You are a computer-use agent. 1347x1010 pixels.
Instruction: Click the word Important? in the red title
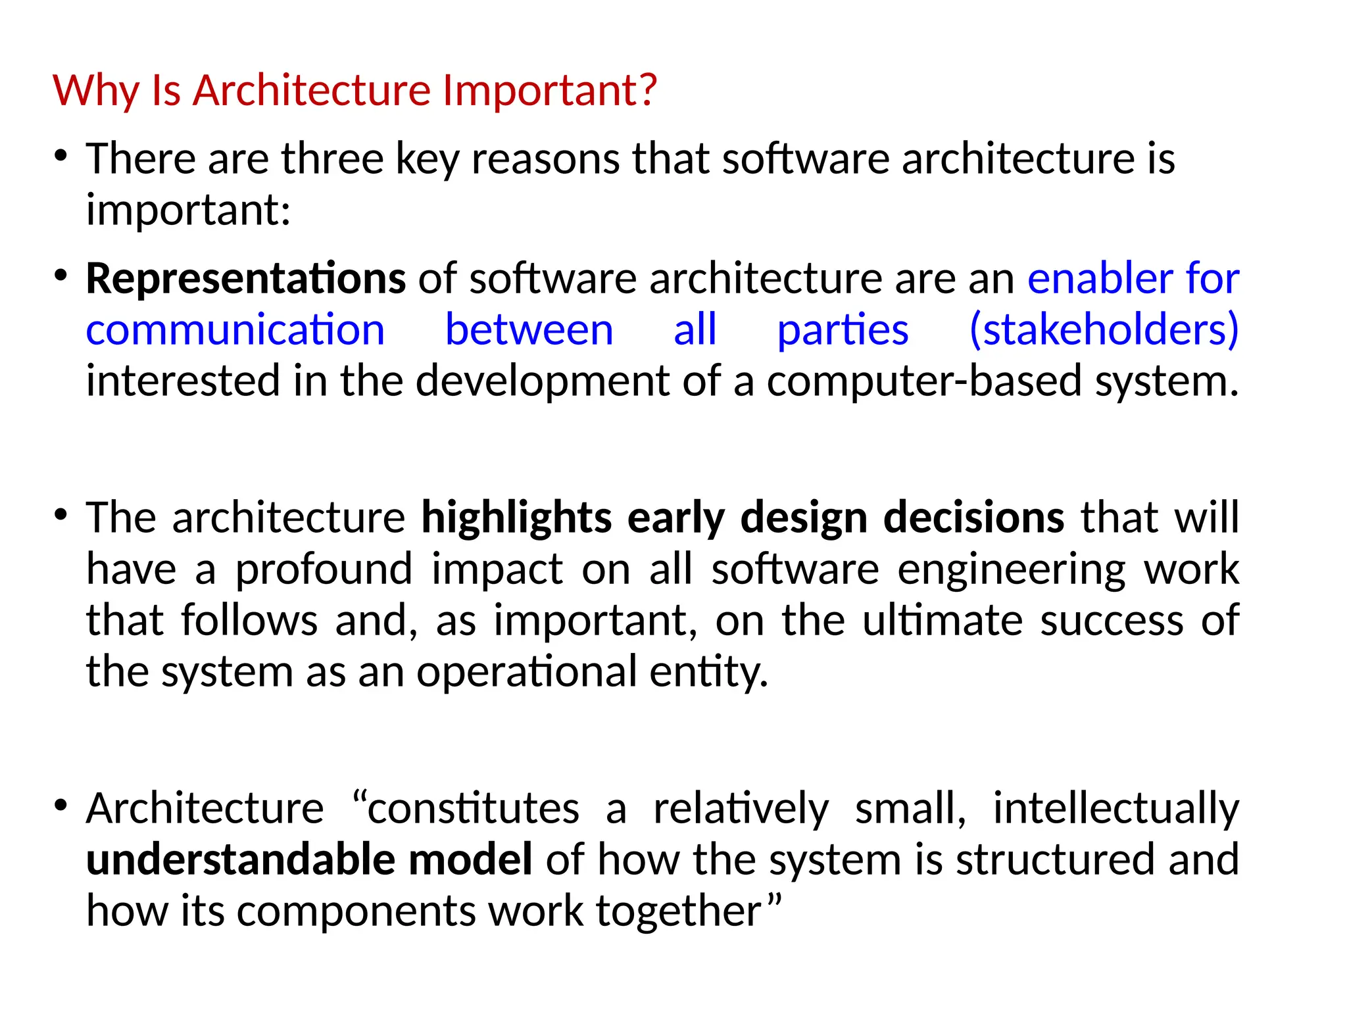[549, 90]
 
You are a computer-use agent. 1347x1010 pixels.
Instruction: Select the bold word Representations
[246, 279]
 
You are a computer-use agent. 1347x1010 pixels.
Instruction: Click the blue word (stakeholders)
[1104, 329]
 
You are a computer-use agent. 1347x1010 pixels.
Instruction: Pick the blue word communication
[235, 329]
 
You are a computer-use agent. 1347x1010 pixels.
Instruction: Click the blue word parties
[843, 329]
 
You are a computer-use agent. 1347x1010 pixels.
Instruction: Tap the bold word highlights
[517, 517]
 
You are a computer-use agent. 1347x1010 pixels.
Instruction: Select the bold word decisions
[973, 517]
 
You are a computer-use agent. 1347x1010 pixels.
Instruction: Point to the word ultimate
[943, 620]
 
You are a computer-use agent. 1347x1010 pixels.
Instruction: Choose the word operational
[527, 672]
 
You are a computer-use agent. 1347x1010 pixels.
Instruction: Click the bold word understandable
[241, 859]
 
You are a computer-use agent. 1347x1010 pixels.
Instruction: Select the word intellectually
[1116, 808]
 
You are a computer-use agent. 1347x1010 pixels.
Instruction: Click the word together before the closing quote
[678, 911]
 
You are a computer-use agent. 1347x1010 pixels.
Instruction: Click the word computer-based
[924, 381]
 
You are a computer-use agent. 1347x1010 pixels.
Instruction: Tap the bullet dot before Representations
[61, 276]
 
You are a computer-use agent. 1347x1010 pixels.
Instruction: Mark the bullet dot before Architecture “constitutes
[61, 806]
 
